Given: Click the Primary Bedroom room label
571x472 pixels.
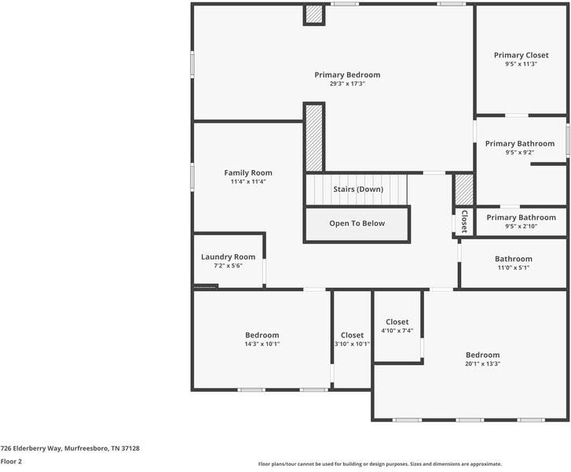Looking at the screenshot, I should (347, 75).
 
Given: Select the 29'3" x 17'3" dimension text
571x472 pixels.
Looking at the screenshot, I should (347, 83).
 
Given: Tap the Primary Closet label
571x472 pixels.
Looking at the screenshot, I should (521, 55).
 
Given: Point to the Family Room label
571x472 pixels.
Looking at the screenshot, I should (248, 172).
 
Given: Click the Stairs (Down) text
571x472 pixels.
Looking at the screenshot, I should (358, 190).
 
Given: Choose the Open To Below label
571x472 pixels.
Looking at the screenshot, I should (357, 223).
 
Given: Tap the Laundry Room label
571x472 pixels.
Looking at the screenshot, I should (229, 256).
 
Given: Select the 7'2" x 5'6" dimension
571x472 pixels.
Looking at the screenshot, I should (229, 266).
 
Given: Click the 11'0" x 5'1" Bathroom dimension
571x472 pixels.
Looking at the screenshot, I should (513, 267).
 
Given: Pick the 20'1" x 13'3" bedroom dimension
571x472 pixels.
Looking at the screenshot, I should (482, 363).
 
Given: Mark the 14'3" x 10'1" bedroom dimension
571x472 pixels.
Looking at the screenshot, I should (262, 344).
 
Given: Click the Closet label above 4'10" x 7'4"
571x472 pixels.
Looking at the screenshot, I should (397, 322).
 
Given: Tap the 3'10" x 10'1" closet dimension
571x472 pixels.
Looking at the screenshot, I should (352, 344).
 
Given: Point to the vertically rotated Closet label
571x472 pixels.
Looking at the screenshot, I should (464, 221).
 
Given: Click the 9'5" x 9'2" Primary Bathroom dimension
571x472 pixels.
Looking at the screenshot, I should (520, 153).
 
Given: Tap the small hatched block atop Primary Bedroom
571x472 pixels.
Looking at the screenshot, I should (314, 15).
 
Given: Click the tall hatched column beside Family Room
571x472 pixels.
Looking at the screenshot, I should (314, 137).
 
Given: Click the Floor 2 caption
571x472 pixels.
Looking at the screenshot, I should (11, 462).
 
